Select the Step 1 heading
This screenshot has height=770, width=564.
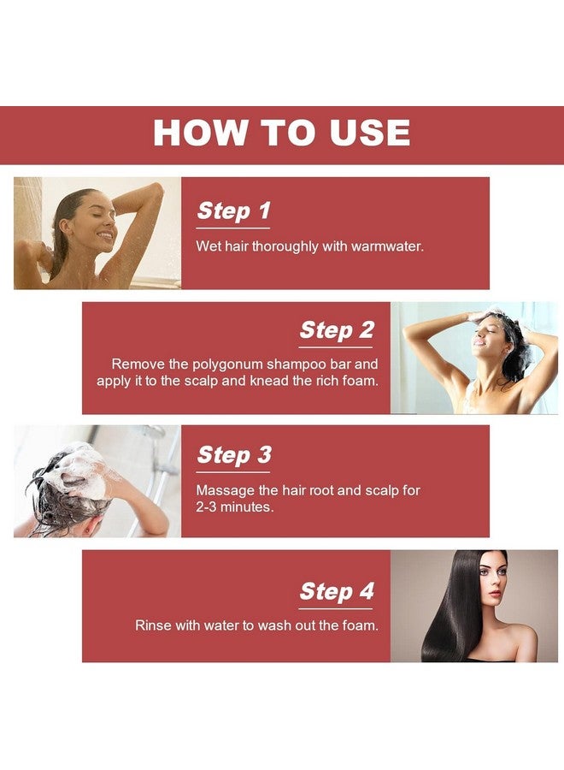(233, 210)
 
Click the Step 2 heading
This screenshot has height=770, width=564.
(337, 330)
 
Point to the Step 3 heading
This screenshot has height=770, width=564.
(234, 455)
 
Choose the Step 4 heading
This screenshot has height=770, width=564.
(337, 591)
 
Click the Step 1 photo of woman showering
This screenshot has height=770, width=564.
(97, 234)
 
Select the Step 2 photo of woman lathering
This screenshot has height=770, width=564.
(474, 358)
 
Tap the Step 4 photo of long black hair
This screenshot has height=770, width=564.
(474, 606)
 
